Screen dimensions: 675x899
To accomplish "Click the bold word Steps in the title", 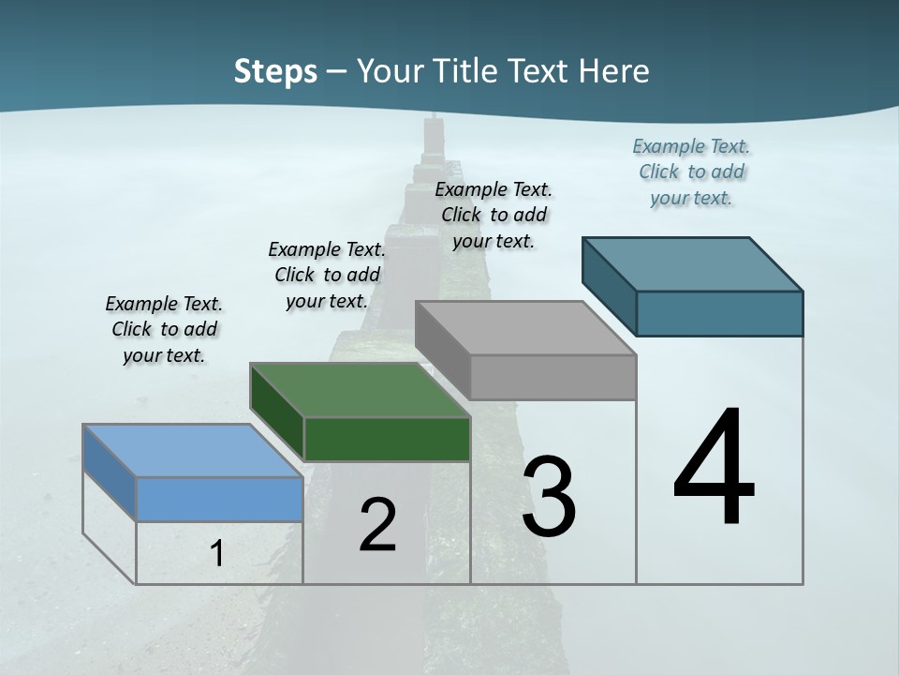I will (x=275, y=71).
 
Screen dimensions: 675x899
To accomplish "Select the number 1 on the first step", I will (x=217, y=553).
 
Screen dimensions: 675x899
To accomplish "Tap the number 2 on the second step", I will (x=377, y=524).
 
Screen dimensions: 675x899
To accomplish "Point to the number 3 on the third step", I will (x=549, y=496).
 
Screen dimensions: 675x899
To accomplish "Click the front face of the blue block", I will (x=219, y=499).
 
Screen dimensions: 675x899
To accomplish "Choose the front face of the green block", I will (x=387, y=439).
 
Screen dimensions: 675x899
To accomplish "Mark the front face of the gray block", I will (x=553, y=377).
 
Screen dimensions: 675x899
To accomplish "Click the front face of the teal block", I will (x=719, y=313).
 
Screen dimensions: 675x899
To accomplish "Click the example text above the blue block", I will (x=164, y=329).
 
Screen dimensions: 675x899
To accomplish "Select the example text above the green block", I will (x=327, y=275).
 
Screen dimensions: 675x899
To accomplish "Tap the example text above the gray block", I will (x=494, y=215).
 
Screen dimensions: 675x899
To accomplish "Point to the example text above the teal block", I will (x=691, y=172).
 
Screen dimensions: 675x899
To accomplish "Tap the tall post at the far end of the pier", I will (x=433, y=136).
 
